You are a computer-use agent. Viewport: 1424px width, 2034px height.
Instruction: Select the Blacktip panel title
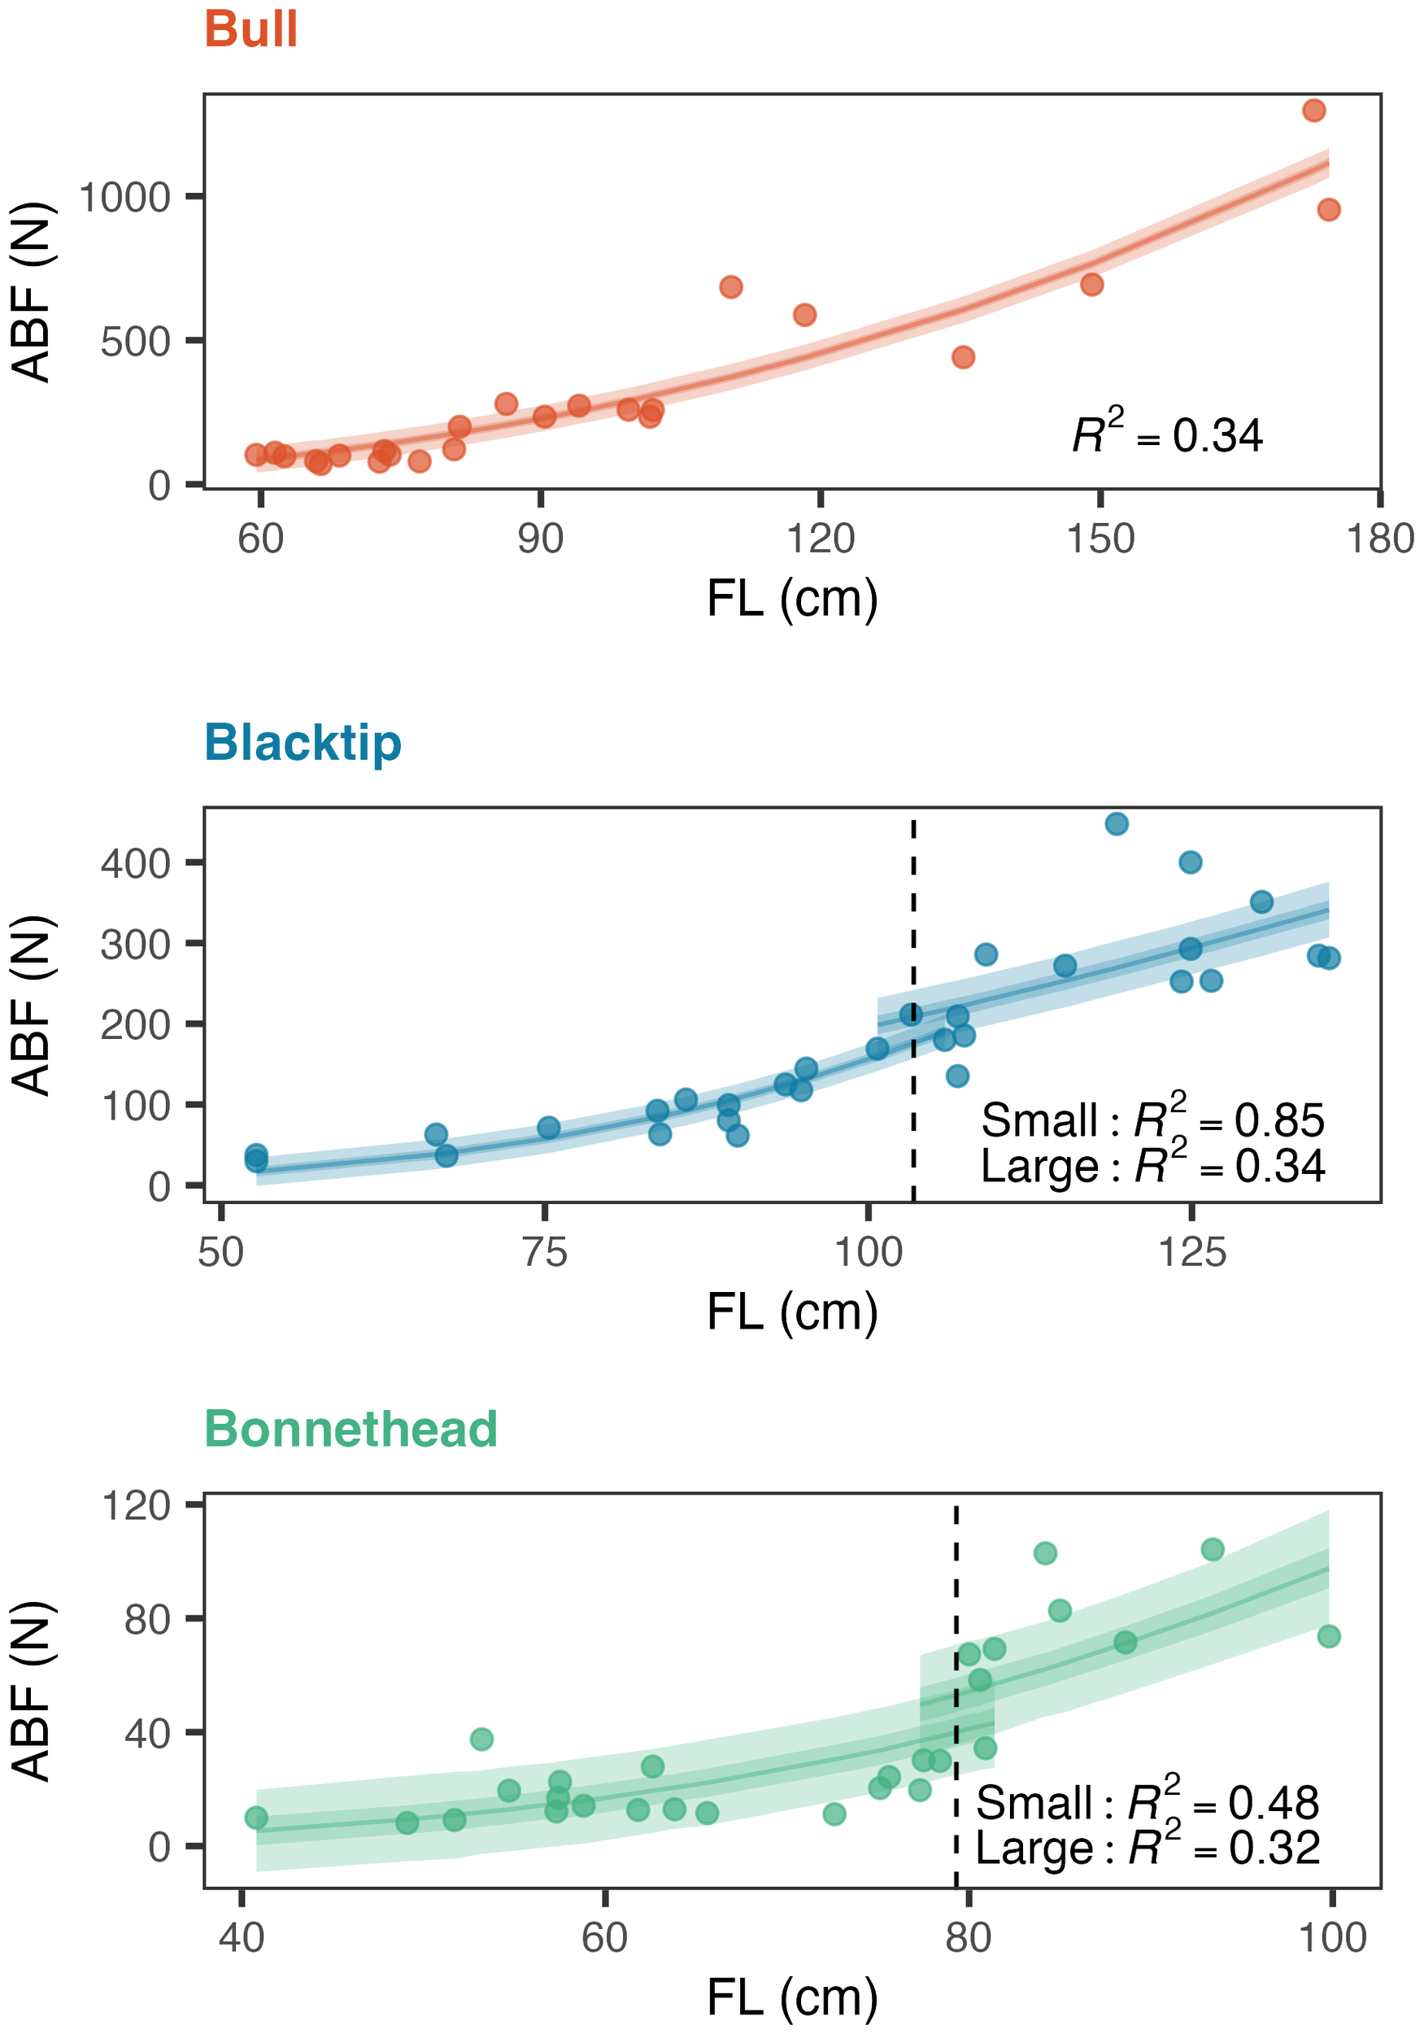303,742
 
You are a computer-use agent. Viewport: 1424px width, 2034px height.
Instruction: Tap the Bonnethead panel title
351,1429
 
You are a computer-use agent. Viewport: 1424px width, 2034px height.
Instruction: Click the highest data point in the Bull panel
1313,111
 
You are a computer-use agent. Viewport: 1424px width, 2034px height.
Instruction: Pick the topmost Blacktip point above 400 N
1117,824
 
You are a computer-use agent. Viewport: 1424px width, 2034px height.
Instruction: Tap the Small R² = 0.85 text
1152,1119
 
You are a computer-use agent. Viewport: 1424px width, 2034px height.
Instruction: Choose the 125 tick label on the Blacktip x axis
1192,1253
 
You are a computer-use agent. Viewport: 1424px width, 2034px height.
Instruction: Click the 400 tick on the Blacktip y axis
136,863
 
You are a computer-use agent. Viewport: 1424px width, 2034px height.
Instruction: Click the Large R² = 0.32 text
1147,1847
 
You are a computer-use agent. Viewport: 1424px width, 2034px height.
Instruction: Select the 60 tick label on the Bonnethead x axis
605,1937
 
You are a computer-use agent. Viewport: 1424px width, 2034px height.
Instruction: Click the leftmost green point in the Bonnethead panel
256,1818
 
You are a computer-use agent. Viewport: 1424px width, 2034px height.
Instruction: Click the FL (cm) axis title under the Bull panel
792,598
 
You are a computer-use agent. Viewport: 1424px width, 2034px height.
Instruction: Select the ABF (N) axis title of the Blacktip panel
33,1005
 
